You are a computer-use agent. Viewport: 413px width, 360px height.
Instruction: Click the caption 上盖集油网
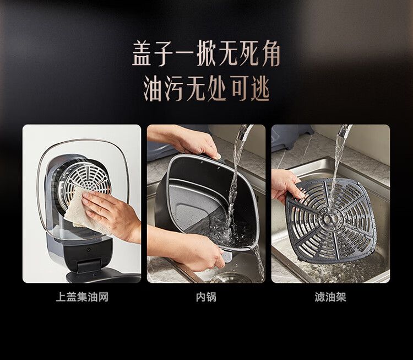(x=82, y=297)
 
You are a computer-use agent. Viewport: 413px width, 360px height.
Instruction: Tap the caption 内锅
(x=206, y=297)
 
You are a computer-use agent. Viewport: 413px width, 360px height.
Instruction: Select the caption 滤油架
(x=330, y=297)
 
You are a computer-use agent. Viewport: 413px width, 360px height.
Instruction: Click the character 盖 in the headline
(x=142, y=53)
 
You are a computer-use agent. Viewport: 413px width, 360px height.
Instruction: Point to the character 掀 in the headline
(x=206, y=53)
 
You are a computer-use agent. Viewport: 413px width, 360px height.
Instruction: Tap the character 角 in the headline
(x=271, y=53)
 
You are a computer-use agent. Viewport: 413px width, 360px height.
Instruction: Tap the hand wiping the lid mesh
(x=111, y=211)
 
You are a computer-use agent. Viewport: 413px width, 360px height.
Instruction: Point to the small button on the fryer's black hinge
(x=88, y=249)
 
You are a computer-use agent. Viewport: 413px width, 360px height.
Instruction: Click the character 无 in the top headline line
(x=227, y=53)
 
